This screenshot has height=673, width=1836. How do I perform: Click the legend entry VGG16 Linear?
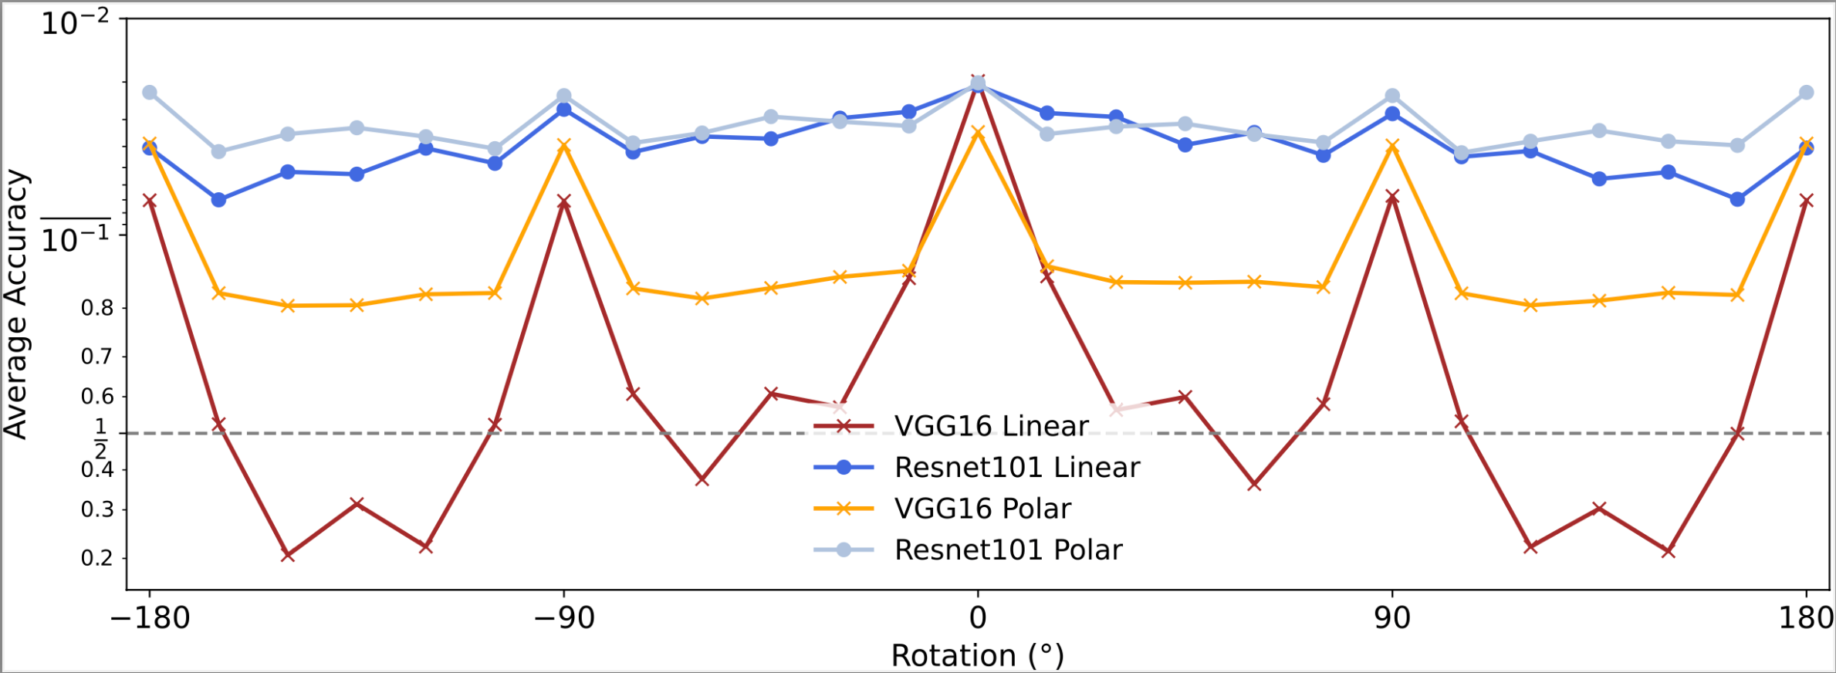(991, 426)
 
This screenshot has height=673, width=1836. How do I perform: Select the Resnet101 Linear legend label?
(1016, 467)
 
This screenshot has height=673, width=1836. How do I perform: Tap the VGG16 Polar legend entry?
(982, 509)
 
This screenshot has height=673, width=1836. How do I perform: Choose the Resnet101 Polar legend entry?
(1008, 550)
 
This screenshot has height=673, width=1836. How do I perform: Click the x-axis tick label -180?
(150, 618)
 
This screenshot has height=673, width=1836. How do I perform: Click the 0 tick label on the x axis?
(978, 618)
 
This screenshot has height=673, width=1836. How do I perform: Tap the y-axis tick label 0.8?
(97, 309)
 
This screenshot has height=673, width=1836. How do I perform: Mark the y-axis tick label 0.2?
(97, 558)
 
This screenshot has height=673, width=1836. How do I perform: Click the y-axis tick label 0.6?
(97, 397)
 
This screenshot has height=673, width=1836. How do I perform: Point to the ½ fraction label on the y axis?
(100, 438)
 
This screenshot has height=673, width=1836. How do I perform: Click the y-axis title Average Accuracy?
(15, 305)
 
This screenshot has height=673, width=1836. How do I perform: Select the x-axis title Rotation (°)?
(977, 656)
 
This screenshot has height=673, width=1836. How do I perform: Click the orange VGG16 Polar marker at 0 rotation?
(978, 133)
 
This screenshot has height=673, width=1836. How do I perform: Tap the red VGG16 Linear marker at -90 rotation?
(564, 202)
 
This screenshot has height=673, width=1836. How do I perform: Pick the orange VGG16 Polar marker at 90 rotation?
(1392, 146)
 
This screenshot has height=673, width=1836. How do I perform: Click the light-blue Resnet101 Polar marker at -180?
(150, 93)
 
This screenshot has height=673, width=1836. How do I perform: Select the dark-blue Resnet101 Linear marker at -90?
(564, 110)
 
